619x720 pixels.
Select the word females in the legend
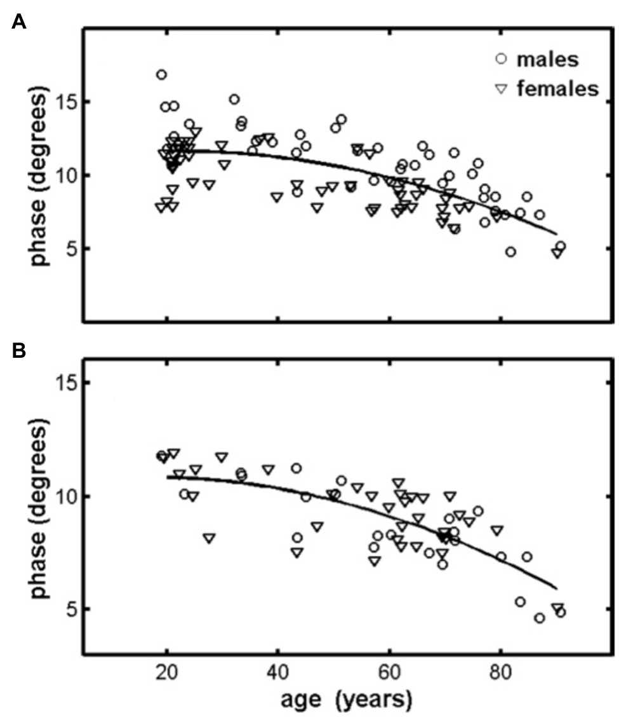click(557, 89)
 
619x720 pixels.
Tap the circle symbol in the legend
click(502, 59)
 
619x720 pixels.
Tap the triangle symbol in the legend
click(502, 90)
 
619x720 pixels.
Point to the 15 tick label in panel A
click(66, 102)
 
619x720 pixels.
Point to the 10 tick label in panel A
click(66, 175)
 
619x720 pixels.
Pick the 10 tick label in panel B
click(66, 496)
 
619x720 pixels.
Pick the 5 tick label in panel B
click(71, 609)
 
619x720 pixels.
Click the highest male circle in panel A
click(161, 74)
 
